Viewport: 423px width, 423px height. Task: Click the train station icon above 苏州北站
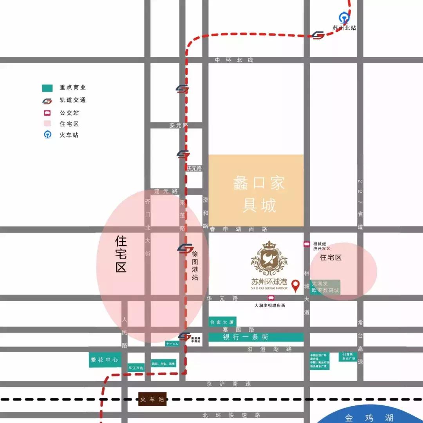tap(344, 18)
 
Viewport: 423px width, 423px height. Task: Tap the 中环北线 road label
tap(234, 60)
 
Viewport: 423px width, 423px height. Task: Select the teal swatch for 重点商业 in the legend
tap(47, 88)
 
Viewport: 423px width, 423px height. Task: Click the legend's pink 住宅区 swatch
tap(47, 124)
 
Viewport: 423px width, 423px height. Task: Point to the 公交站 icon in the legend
tap(47, 113)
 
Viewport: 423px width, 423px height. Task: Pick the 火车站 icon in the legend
tap(47, 135)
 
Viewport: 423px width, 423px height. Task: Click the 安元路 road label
tap(179, 125)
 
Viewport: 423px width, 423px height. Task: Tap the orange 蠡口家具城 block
tap(256, 190)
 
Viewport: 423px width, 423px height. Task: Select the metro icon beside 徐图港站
tap(185, 248)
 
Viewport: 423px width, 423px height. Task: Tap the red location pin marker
tap(296, 286)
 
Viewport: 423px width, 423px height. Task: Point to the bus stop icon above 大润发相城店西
tap(271, 298)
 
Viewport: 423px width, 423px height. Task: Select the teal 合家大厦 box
tap(222, 322)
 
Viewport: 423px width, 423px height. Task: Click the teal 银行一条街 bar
tap(256, 337)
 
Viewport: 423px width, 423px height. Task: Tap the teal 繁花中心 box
tap(105, 360)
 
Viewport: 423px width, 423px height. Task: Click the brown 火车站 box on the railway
tap(152, 399)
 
